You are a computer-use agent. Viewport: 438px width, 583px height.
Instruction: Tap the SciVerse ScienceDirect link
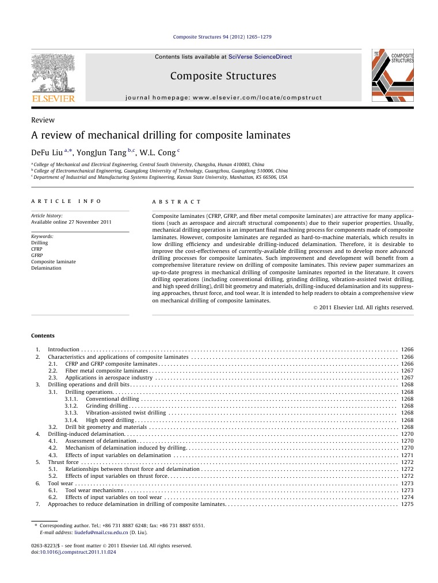(x=260, y=57)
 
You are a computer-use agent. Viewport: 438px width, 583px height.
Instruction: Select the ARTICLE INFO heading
(x=66, y=202)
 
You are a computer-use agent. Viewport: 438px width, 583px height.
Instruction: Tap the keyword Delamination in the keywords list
(x=46, y=268)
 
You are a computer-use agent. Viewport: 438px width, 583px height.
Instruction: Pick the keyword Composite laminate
(x=53, y=262)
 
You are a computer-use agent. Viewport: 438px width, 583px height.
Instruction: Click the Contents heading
(x=43, y=336)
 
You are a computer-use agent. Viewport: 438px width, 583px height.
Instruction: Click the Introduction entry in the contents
(x=63, y=350)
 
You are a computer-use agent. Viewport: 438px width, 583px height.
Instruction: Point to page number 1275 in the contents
(x=407, y=504)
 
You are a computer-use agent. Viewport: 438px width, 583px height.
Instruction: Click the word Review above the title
(x=43, y=120)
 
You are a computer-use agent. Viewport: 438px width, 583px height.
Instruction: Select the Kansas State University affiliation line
(x=161, y=178)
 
